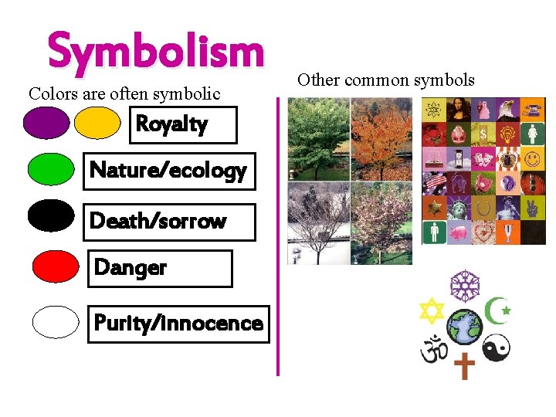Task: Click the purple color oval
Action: pos(46,123)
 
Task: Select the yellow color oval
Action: pos(97,123)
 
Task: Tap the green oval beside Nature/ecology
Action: pos(51,169)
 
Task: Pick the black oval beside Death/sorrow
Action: pos(51,215)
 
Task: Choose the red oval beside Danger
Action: pos(56,266)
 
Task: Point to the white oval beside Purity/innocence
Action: pos(56,322)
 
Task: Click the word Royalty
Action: pos(171,124)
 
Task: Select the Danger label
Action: pos(130,268)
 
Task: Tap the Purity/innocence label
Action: pos(178,323)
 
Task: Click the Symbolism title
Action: pos(155,52)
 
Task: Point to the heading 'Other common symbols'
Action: pos(385,79)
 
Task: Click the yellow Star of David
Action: pos(432,310)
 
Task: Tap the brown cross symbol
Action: pos(464,364)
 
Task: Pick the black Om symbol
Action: pos(433,349)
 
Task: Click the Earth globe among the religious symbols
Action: pos(465,327)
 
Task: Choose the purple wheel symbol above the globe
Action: pos(465,286)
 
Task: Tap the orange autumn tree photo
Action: pos(381,139)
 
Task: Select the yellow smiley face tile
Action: pos(532,159)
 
